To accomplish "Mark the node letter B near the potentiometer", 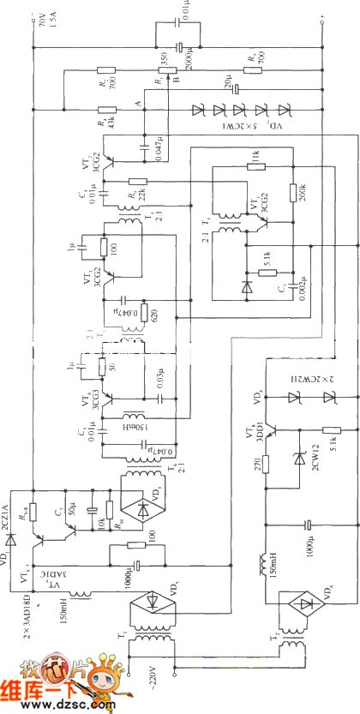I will pyautogui.click(x=175, y=79).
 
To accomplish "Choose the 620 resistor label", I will pyautogui.click(x=157, y=315).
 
